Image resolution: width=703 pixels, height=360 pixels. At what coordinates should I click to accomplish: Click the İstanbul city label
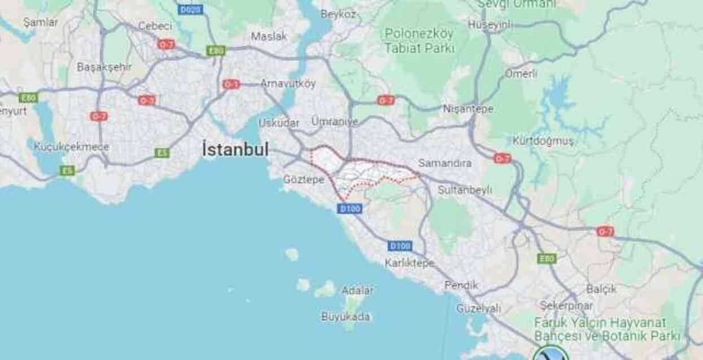(x=235, y=150)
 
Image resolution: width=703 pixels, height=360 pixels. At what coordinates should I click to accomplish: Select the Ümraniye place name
(x=335, y=122)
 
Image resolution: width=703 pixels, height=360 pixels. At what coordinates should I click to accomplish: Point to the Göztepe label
(x=304, y=179)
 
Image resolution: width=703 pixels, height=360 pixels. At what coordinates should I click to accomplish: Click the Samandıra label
(x=445, y=164)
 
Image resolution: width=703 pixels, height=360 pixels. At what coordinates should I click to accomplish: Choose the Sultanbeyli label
(x=465, y=190)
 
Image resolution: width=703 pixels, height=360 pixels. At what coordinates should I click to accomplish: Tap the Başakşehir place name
(x=104, y=67)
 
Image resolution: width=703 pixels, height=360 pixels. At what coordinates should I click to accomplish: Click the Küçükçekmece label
(x=71, y=147)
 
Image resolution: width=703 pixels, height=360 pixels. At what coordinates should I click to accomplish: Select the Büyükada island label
(x=346, y=317)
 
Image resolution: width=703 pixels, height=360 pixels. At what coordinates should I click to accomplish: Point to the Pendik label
(x=461, y=286)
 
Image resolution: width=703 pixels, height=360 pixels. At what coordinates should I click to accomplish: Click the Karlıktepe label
(x=409, y=263)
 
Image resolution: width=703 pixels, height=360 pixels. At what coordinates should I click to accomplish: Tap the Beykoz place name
(x=337, y=15)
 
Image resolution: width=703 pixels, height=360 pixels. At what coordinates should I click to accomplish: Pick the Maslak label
(x=269, y=37)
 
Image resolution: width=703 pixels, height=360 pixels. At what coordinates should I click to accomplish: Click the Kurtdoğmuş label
(x=543, y=141)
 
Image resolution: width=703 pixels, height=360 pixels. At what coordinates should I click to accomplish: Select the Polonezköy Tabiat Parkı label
(x=420, y=41)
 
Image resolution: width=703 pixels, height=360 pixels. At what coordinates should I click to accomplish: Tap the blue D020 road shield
(x=190, y=10)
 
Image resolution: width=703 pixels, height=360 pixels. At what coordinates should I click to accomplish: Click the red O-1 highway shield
(x=231, y=84)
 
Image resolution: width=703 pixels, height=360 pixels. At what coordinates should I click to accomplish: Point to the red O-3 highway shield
(x=146, y=100)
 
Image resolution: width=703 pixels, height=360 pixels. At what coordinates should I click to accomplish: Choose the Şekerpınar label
(x=566, y=305)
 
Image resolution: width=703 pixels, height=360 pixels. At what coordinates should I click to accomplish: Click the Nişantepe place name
(x=468, y=109)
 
